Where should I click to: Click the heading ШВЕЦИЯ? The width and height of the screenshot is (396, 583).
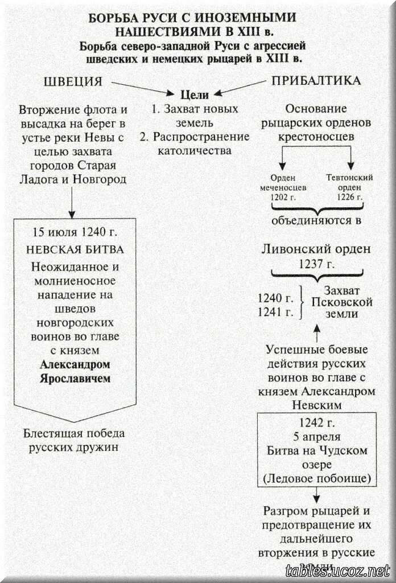click(x=73, y=81)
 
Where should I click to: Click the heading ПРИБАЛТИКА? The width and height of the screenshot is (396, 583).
click(x=316, y=81)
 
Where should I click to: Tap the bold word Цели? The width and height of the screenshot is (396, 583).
click(x=195, y=95)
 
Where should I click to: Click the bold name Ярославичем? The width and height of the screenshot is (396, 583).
click(x=74, y=378)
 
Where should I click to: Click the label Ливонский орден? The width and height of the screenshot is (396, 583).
click(x=316, y=249)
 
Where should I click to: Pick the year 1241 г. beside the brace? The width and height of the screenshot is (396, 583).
click(x=275, y=311)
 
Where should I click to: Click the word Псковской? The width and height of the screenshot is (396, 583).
click(x=342, y=302)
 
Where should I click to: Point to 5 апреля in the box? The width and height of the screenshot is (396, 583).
click(x=316, y=437)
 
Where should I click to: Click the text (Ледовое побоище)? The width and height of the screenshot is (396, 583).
click(x=316, y=478)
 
